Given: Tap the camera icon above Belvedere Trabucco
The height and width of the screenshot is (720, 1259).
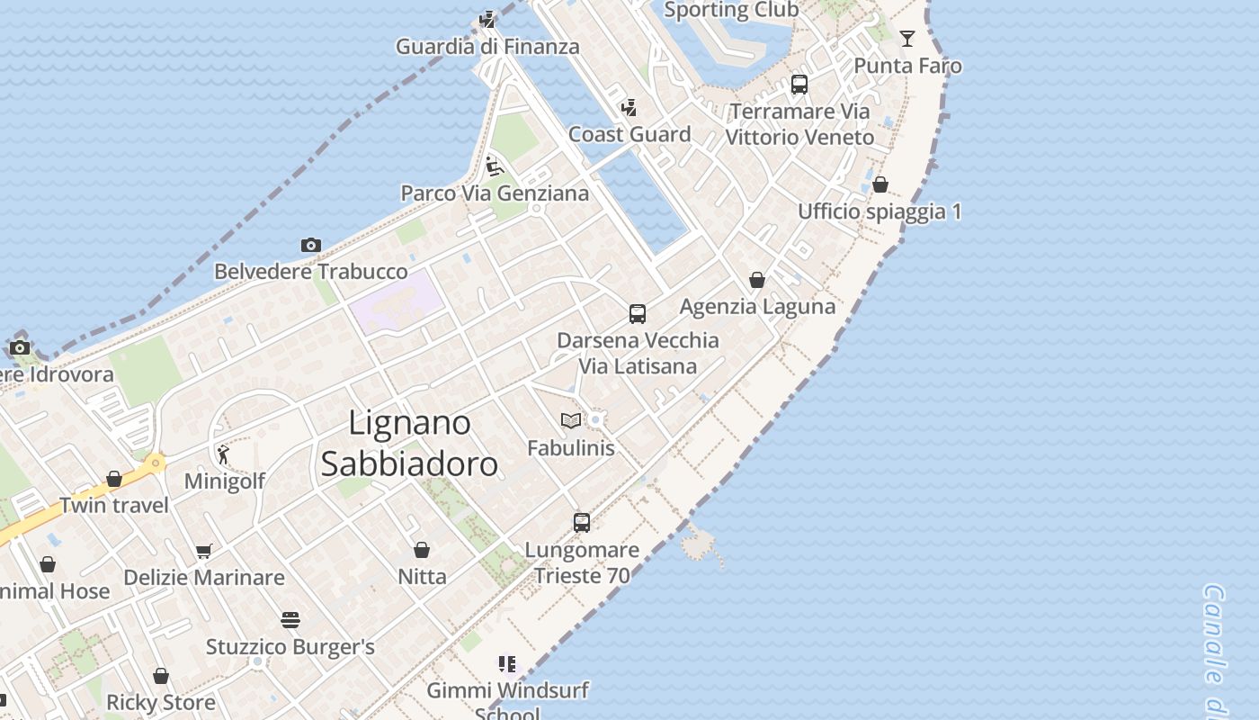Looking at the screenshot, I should pos(310,245).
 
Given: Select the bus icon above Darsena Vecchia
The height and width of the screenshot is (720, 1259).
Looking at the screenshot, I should pos(638,313).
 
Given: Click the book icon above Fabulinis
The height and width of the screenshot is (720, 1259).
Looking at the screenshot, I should pos(570,420).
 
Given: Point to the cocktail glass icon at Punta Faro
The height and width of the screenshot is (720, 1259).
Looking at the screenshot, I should pos(907,38).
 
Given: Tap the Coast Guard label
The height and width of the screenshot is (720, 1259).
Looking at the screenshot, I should pos(629,134).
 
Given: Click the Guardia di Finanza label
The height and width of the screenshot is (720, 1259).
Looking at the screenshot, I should pos(487,46).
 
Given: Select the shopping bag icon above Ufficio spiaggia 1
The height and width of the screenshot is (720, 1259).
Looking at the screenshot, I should pos(880,184).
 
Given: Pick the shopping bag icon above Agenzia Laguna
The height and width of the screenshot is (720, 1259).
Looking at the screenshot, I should pos(757,280).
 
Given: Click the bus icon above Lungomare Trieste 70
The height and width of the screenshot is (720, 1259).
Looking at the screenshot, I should pos(582,522).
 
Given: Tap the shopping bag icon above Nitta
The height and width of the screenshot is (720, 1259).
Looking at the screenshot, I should pos(422,549).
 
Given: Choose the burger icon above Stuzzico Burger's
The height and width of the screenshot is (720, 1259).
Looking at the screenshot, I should pos(290,620).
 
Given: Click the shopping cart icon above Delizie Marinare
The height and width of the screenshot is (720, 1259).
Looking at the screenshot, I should pos(204,551).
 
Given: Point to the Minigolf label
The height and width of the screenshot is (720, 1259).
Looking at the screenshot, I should pos(225,481).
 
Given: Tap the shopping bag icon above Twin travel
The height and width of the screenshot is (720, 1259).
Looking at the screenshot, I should pos(114,479).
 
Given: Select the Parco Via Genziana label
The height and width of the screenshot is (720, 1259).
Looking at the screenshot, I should pos(495,193).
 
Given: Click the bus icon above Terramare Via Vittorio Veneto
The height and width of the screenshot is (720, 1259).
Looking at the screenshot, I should pos(799,85).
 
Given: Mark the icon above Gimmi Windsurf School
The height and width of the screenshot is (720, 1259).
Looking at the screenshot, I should pos(507,664).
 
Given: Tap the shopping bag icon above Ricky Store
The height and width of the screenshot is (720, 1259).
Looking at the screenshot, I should pos(161,676).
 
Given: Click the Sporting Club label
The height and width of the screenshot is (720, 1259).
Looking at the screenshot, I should pos(731,10).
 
